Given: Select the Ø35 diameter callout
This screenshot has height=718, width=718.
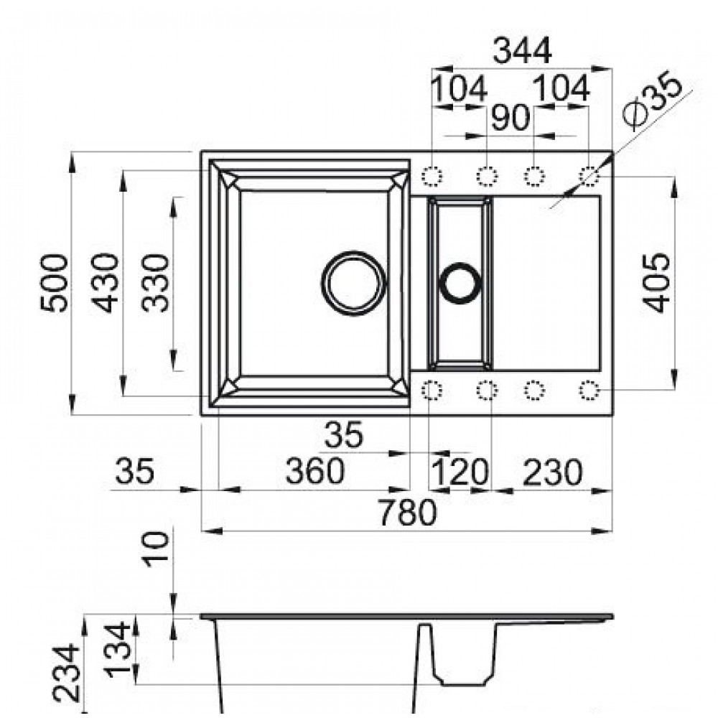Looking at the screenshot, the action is [x=653, y=101].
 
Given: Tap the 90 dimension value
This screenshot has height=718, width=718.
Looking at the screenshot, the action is [x=510, y=118].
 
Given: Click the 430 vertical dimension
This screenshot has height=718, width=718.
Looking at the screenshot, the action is [x=105, y=283].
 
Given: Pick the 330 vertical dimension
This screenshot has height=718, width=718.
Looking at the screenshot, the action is [x=155, y=283].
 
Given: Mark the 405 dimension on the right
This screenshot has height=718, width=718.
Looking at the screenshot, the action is [x=656, y=283].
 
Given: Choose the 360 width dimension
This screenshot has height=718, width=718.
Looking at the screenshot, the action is [x=314, y=471].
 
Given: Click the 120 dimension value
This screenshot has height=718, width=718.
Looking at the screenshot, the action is [x=460, y=472].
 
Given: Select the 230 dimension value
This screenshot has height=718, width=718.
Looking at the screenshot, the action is [x=552, y=472].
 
